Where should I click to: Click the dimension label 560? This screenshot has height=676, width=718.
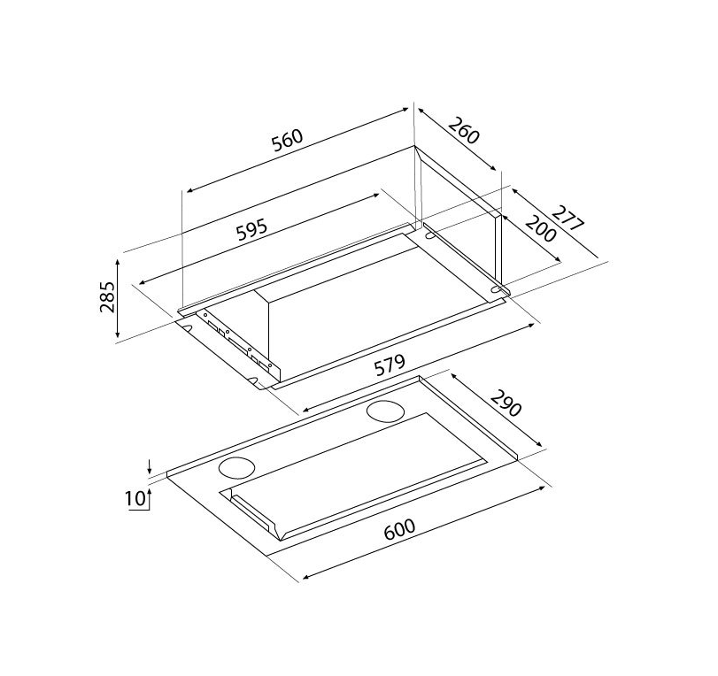(288, 140)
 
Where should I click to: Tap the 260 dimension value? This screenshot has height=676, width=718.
(463, 130)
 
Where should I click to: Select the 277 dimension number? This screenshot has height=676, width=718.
(567, 219)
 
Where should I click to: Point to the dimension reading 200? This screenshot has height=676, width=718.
(541, 228)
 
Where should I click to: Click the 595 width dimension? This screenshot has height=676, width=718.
(251, 229)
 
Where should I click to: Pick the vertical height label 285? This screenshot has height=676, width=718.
(107, 296)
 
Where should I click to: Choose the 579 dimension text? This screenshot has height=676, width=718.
(390, 365)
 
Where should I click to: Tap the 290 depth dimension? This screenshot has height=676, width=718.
(506, 403)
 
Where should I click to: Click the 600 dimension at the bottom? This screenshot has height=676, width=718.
(399, 528)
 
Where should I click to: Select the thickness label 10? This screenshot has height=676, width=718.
(135, 498)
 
